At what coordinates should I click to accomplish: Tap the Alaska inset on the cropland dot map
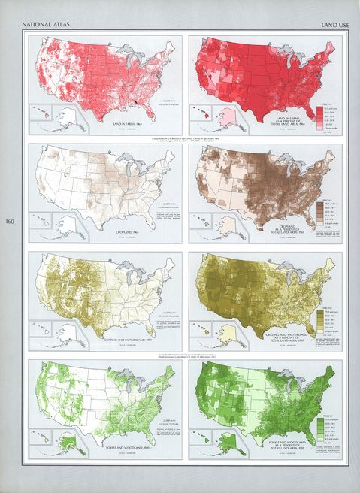pyautogui.click(x=66, y=225)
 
